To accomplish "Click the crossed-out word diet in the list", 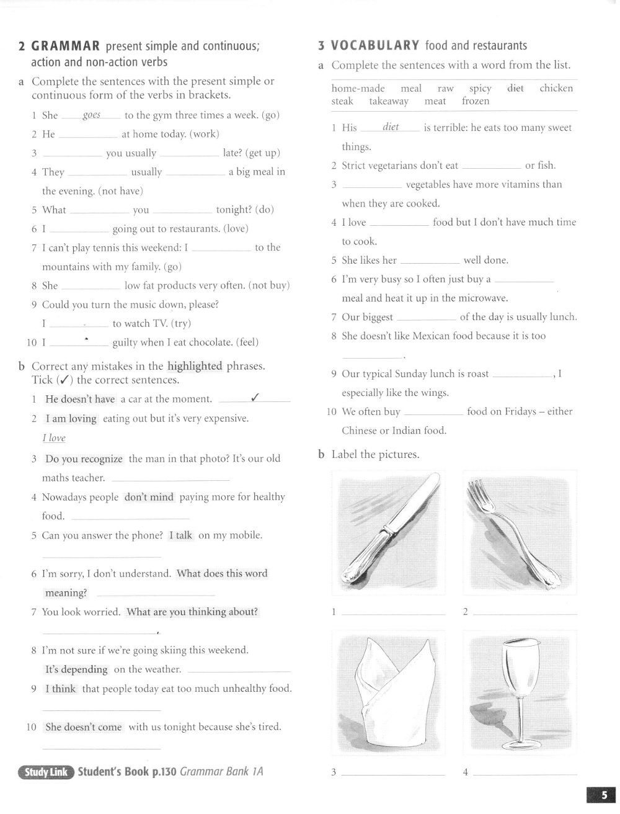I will (515, 88).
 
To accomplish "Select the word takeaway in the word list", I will (389, 101).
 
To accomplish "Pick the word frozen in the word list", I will (476, 101).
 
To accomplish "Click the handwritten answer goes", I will (92, 115).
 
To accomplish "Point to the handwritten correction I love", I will (54, 438).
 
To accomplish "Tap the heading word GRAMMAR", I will (66, 46).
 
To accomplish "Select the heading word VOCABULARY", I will (375, 45).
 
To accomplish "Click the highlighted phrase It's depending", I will (76, 669).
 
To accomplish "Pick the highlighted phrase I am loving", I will (71, 419).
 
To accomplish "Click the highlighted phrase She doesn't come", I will (84, 727).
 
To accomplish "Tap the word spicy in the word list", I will (480, 88).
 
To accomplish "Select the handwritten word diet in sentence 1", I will (391, 127).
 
